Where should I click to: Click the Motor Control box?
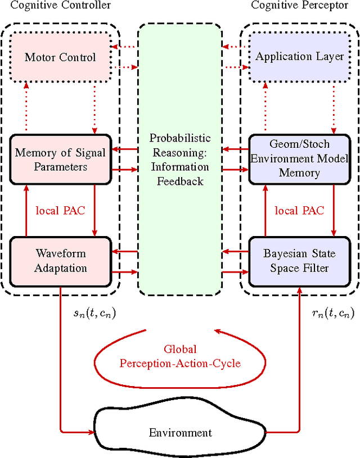pos(60,56)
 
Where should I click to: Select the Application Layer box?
pos(299,56)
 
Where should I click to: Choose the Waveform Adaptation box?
pos(60,260)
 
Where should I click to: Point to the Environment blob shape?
pos(180,432)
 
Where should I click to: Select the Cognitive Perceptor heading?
pos(299,6)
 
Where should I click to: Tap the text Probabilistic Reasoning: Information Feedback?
pos(179,160)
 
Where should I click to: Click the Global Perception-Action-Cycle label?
pos(180,356)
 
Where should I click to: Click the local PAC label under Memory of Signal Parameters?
pos(60,211)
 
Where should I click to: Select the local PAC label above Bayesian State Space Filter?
pos(299,211)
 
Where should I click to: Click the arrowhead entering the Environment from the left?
pos(91,433)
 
